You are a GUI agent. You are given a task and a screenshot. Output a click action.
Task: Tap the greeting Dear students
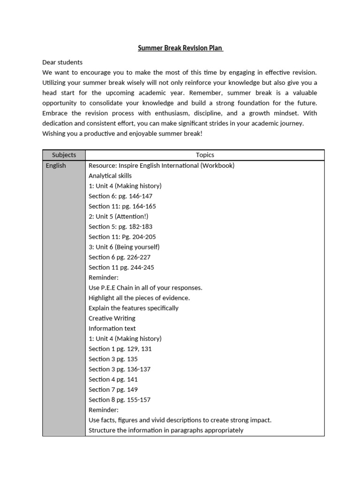point(62,62)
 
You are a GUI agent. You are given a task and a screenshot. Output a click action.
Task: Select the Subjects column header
point(64,155)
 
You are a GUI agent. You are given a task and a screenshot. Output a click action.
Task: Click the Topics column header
point(205,155)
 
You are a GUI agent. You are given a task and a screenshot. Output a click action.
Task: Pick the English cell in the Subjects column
point(56,165)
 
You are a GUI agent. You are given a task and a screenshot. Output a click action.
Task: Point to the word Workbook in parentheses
point(217,165)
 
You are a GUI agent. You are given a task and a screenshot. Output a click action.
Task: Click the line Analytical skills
point(110,176)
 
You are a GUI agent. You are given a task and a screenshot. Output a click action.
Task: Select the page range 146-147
point(139,196)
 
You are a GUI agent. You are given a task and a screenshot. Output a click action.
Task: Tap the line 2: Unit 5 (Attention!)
point(118,217)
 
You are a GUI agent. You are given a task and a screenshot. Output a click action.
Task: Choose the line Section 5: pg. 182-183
point(120,226)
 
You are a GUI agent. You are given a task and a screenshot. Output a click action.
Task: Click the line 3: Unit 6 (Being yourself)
point(124,247)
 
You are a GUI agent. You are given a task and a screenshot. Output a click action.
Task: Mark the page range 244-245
point(141,267)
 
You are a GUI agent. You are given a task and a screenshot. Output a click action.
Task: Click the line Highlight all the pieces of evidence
point(139,298)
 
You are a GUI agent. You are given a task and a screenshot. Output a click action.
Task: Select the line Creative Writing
point(112,318)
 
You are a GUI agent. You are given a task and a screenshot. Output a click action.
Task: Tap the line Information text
point(112,329)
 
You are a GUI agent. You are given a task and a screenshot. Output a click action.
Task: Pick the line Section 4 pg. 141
point(113,379)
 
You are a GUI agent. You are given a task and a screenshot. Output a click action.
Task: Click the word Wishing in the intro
point(54,134)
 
